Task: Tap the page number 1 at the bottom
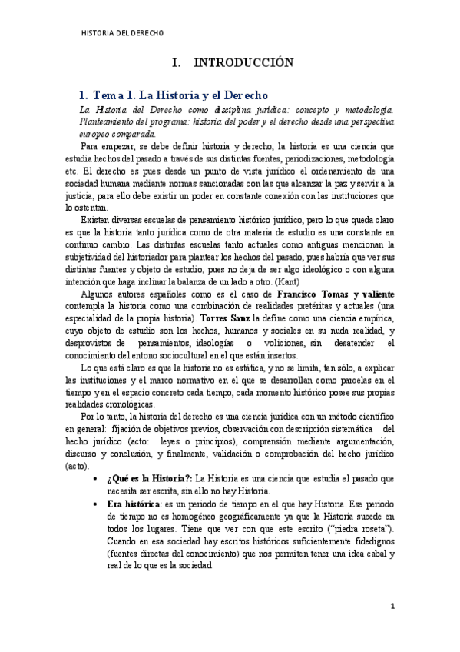[x=392, y=606]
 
